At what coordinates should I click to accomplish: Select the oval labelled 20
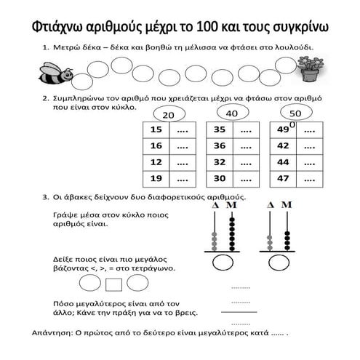click(x=168, y=115)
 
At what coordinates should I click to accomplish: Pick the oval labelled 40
click(x=232, y=113)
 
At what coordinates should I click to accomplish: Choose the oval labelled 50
click(x=295, y=114)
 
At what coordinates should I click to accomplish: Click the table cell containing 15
click(x=156, y=129)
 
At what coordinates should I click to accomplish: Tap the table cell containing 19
click(x=156, y=177)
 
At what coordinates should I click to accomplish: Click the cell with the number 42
click(x=282, y=145)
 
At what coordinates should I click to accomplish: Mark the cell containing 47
click(x=282, y=177)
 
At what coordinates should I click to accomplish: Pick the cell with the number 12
click(x=156, y=161)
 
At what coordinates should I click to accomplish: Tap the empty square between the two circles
click(x=113, y=282)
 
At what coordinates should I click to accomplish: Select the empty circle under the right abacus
click(x=280, y=261)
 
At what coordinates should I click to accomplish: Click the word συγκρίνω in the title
click(x=299, y=28)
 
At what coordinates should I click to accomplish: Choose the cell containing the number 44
click(x=282, y=161)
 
